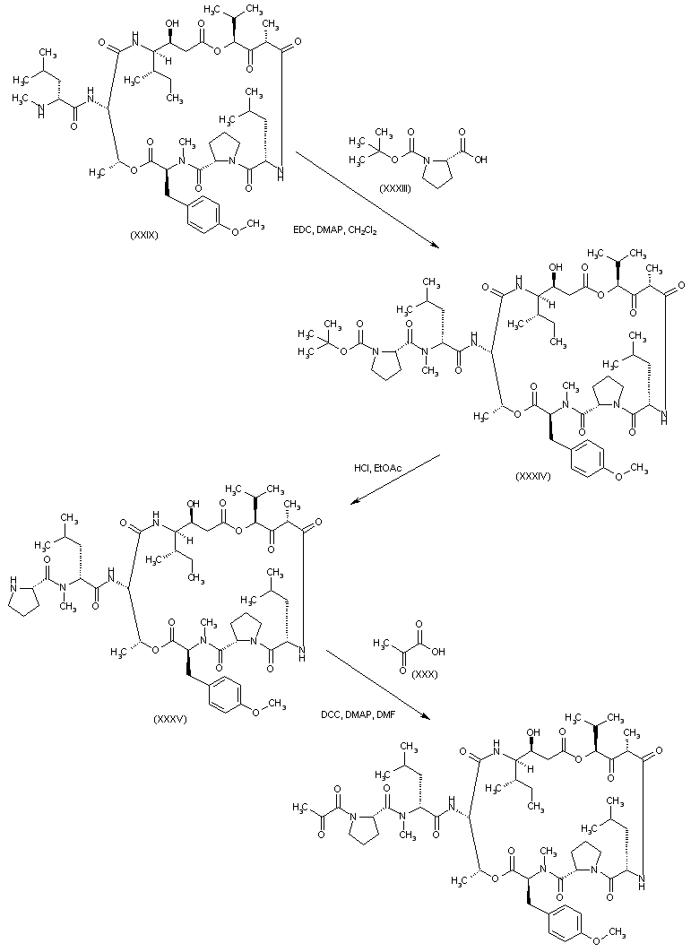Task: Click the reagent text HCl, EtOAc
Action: coord(377,468)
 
